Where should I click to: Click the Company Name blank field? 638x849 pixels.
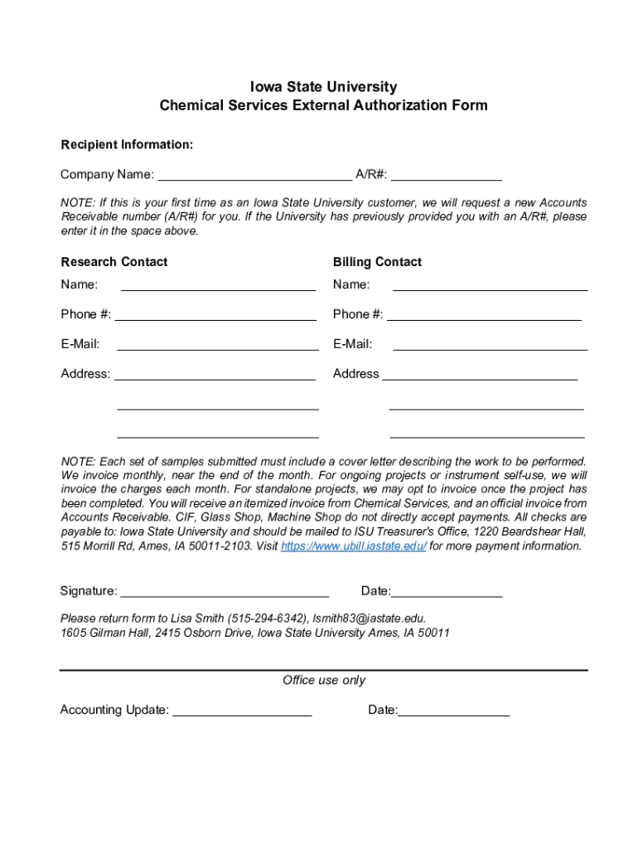pyautogui.click(x=254, y=174)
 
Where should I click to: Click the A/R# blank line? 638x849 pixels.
pyautogui.click(x=447, y=174)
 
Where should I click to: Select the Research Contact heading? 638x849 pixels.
pyautogui.click(x=114, y=262)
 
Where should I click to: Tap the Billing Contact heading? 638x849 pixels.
pyautogui.click(x=377, y=262)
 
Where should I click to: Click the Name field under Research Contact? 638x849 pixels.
pyautogui.click(x=218, y=285)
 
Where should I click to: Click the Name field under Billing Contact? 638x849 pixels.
pyautogui.click(x=490, y=285)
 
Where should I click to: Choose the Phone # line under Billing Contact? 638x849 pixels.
pyautogui.click(x=485, y=314)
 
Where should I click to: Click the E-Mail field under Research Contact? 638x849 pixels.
pyautogui.click(x=218, y=344)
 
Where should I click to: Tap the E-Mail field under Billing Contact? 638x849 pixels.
pyautogui.click(x=490, y=344)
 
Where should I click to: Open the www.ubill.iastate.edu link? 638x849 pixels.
pyautogui.click(x=354, y=546)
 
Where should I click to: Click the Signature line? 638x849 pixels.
pyautogui.click(x=225, y=591)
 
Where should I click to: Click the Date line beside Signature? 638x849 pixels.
pyautogui.click(x=447, y=591)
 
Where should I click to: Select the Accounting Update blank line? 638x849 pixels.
pyautogui.click(x=242, y=710)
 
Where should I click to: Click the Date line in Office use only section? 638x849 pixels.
pyautogui.click(x=453, y=710)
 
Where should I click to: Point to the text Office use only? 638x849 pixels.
pyautogui.click(x=324, y=681)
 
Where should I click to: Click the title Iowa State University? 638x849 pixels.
pyautogui.click(x=324, y=87)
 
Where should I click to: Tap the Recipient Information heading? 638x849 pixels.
pyautogui.click(x=127, y=145)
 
